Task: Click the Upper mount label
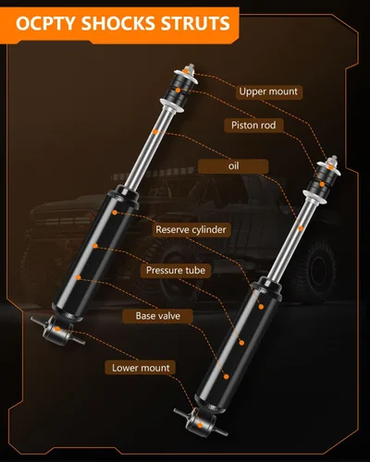click(x=268, y=91)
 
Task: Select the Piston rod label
click(x=253, y=125)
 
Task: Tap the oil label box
click(x=233, y=166)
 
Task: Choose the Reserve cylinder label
click(x=191, y=229)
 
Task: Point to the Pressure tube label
click(x=176, y=271)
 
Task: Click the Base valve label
click(x=158, y=316)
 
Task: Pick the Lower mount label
click(x=141, y=368)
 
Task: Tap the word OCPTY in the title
click(x=45, y=23)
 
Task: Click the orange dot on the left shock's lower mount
click(x=57, y=329)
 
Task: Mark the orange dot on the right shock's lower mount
click(x=200, y=425)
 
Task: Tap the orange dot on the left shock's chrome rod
click(x=155, y=131)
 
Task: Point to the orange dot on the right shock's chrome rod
click(x=301, y=228)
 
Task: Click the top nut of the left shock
click(x=189, y=68)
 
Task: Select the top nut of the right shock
click(x=333, y=161)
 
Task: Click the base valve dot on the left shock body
click(x=79, y=277)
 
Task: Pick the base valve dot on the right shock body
click(x=227, y=376)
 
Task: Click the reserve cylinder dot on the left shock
click(x=115, y=213)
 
